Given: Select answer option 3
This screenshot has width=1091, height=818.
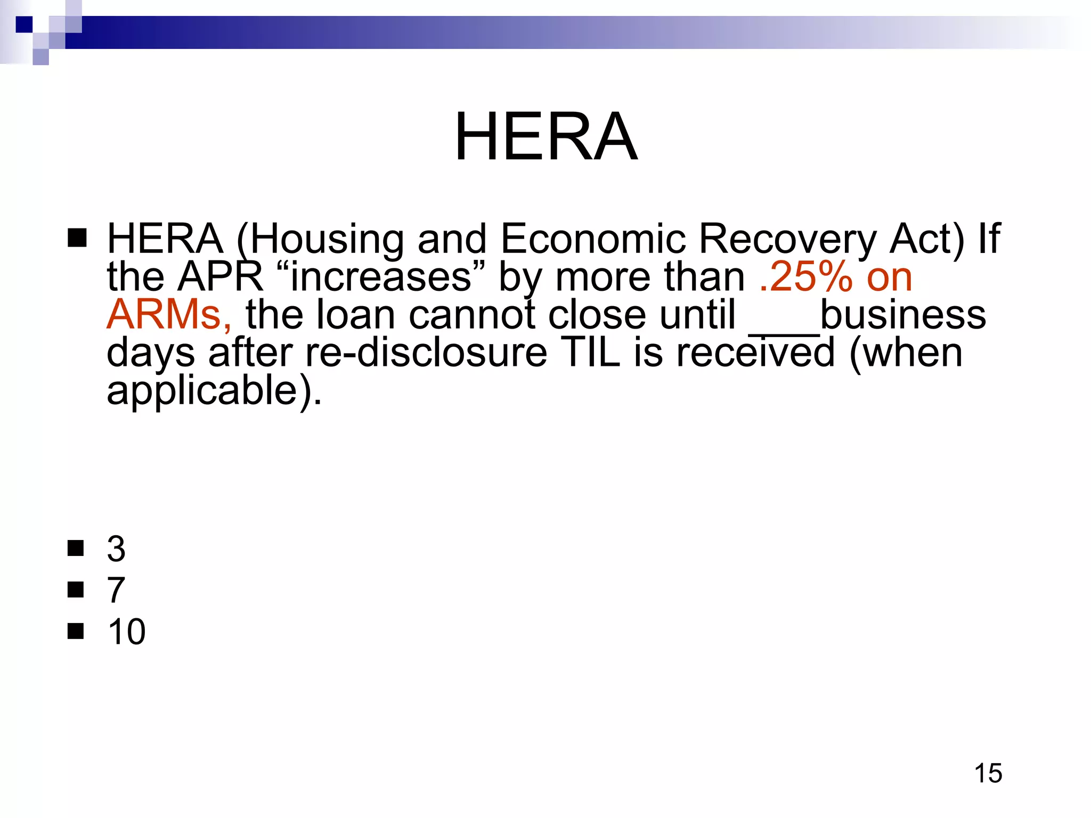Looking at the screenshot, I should (x=116, y=549).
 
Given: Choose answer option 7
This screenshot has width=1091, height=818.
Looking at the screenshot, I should (x=116, y=590).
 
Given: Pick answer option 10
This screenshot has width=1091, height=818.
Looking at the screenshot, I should (x=126, y=632).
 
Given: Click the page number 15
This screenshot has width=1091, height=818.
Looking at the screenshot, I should (x=988, y=773).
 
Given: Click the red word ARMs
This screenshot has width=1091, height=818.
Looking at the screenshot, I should (x=164, y=315).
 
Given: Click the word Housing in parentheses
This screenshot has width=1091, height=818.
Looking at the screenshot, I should (x=325, y=239).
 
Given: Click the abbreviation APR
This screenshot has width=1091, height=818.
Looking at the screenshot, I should (x=221, y=277).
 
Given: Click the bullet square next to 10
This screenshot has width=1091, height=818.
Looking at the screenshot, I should (x=76, y=631).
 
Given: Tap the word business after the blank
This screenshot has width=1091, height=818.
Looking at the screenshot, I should (x=902, y=315).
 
